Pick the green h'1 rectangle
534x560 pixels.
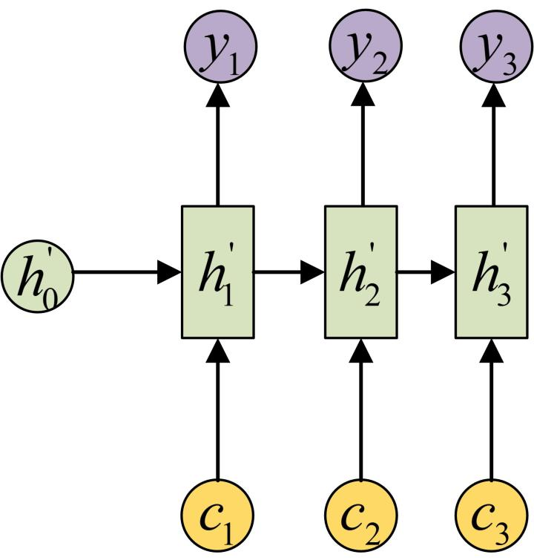pos(217,271)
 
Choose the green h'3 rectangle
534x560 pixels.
pos(490,271)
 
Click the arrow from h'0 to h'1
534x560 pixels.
pos(126,272)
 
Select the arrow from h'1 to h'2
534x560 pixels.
pos(289,272)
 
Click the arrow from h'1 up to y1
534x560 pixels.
pos(217,141)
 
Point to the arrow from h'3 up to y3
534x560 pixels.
pos(490,141)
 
